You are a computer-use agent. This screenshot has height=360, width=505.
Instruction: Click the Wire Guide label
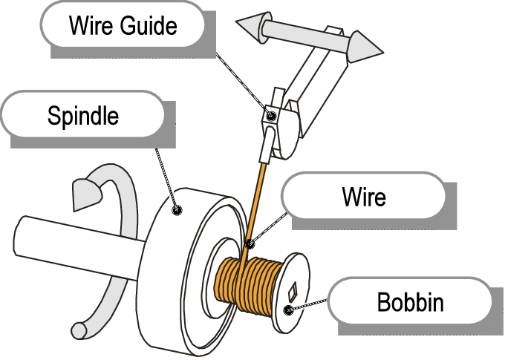point(123,26)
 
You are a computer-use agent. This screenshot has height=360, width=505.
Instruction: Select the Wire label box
point(364,197)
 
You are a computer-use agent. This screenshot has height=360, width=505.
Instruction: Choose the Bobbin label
point(410,303)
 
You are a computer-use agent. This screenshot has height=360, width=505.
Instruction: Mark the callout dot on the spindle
point(177,210)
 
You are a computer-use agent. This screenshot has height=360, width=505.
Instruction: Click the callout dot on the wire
point(250,243)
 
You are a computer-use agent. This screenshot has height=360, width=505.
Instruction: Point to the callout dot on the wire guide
point(272,115)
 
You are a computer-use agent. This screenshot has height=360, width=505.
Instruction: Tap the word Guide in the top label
point(150,26)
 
